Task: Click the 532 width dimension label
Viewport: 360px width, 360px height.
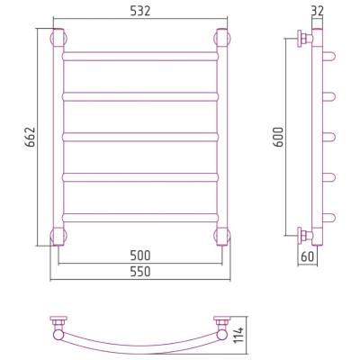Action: click(140, 11)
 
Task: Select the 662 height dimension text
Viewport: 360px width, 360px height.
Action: click(31, 137)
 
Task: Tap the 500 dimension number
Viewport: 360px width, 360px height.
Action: click(140, 256)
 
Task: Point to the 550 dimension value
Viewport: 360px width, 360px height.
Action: click(140, 272)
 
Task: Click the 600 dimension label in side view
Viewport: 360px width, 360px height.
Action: click(278, 137)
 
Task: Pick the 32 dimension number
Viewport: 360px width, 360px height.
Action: click(318, 11)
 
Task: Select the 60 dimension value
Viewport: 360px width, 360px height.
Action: click(307, 256)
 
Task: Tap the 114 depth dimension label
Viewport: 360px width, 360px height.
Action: click(239, 335)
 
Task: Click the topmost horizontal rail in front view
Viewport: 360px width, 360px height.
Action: click(140, 57)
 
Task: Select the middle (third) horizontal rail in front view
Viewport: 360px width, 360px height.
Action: click(140, 137)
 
